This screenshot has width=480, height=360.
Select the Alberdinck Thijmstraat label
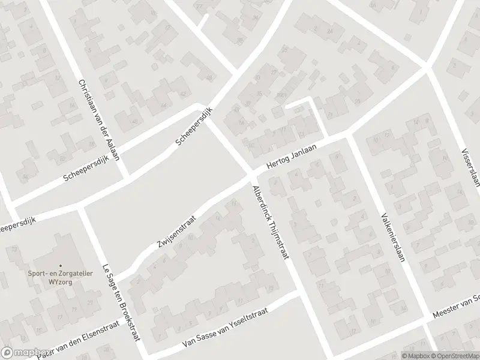click(x=271, y=221)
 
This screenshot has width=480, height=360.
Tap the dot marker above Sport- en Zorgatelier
click(x=59, y=266)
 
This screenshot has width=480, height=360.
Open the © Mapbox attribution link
click(x=415, y=355)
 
